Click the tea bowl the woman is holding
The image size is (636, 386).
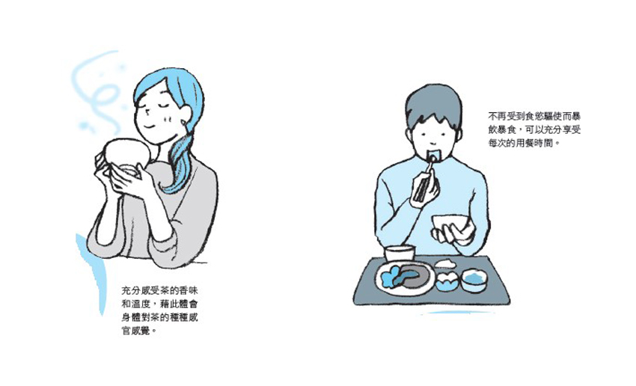[x=126, y=156]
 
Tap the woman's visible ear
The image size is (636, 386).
[x=184, y=115]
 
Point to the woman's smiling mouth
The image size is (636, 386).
[x=150, y=126]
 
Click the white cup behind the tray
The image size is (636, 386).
[x=400, y=254]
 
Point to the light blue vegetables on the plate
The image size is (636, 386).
[x=391, y=277]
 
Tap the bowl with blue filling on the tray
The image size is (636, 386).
[x=474, y=281]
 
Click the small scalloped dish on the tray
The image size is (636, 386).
[x=447, y=281]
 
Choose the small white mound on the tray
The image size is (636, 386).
[x=445, y=263]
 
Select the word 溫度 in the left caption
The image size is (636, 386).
[x=141, y=304]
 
